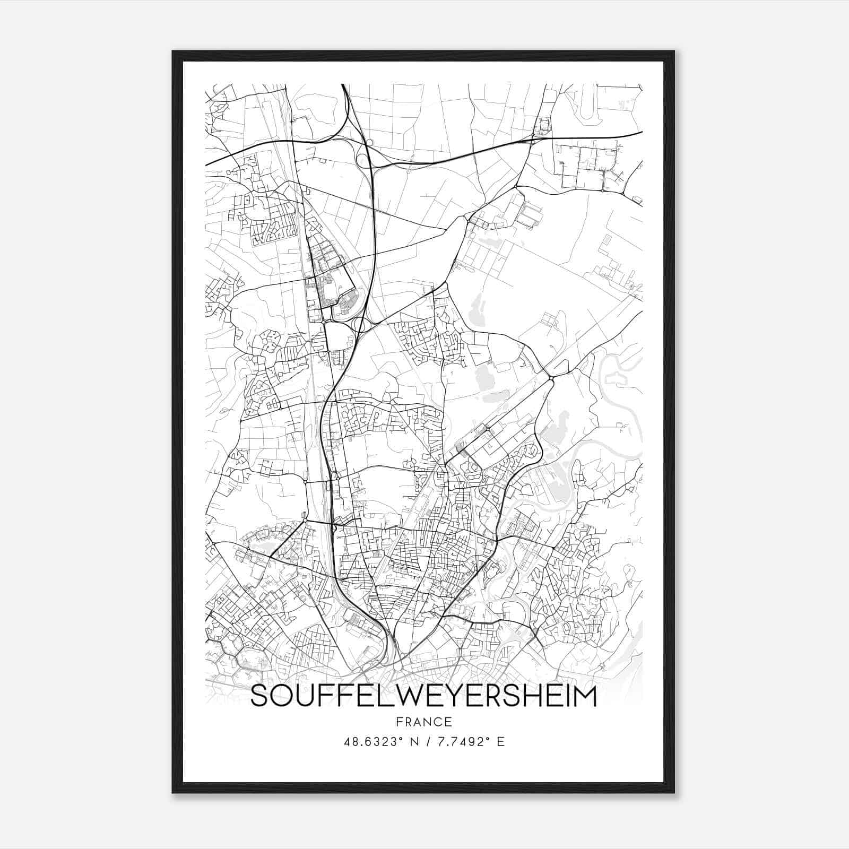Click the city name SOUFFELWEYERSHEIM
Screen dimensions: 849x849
pos(423,696)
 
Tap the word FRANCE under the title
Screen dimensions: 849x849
pos(423,722)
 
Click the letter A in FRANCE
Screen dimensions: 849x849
pos(415,722)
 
